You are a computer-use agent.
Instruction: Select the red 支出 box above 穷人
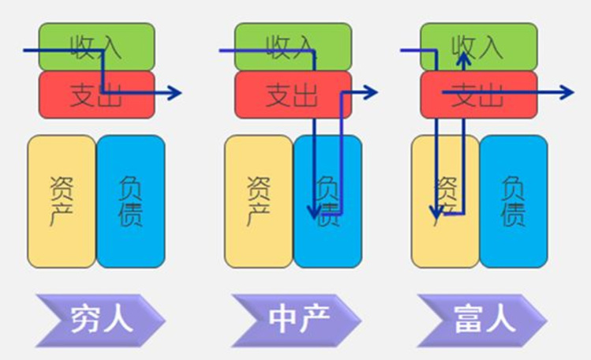pos(96,95)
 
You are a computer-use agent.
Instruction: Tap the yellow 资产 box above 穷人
pos(62,201)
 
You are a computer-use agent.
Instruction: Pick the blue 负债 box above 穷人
pos(131,201)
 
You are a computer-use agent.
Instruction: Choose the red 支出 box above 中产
pos(293,95)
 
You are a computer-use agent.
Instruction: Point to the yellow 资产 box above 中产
pos(259,201)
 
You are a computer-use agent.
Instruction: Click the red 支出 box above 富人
pos(478,95)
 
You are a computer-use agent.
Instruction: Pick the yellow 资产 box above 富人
pos(445,201)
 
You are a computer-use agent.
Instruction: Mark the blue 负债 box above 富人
pos(513,201)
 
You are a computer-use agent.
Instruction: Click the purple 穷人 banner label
pos(101,320)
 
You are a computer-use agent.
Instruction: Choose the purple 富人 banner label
pos(483,320)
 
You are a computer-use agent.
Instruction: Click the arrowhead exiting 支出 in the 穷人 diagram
pos(174,93)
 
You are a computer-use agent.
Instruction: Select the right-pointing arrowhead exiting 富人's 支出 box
pos(567,93)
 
